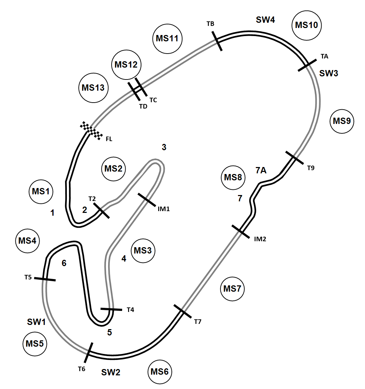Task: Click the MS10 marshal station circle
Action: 307,25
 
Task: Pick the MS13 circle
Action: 93,88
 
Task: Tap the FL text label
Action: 109,139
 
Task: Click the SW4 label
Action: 265,20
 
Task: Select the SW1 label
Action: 36,321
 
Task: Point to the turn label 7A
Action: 261,171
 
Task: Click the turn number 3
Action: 164,147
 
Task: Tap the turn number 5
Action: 110,333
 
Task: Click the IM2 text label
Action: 260,239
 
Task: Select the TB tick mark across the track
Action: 217,41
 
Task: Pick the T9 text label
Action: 311,168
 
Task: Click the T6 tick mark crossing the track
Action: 88,353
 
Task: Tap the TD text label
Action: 143,106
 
